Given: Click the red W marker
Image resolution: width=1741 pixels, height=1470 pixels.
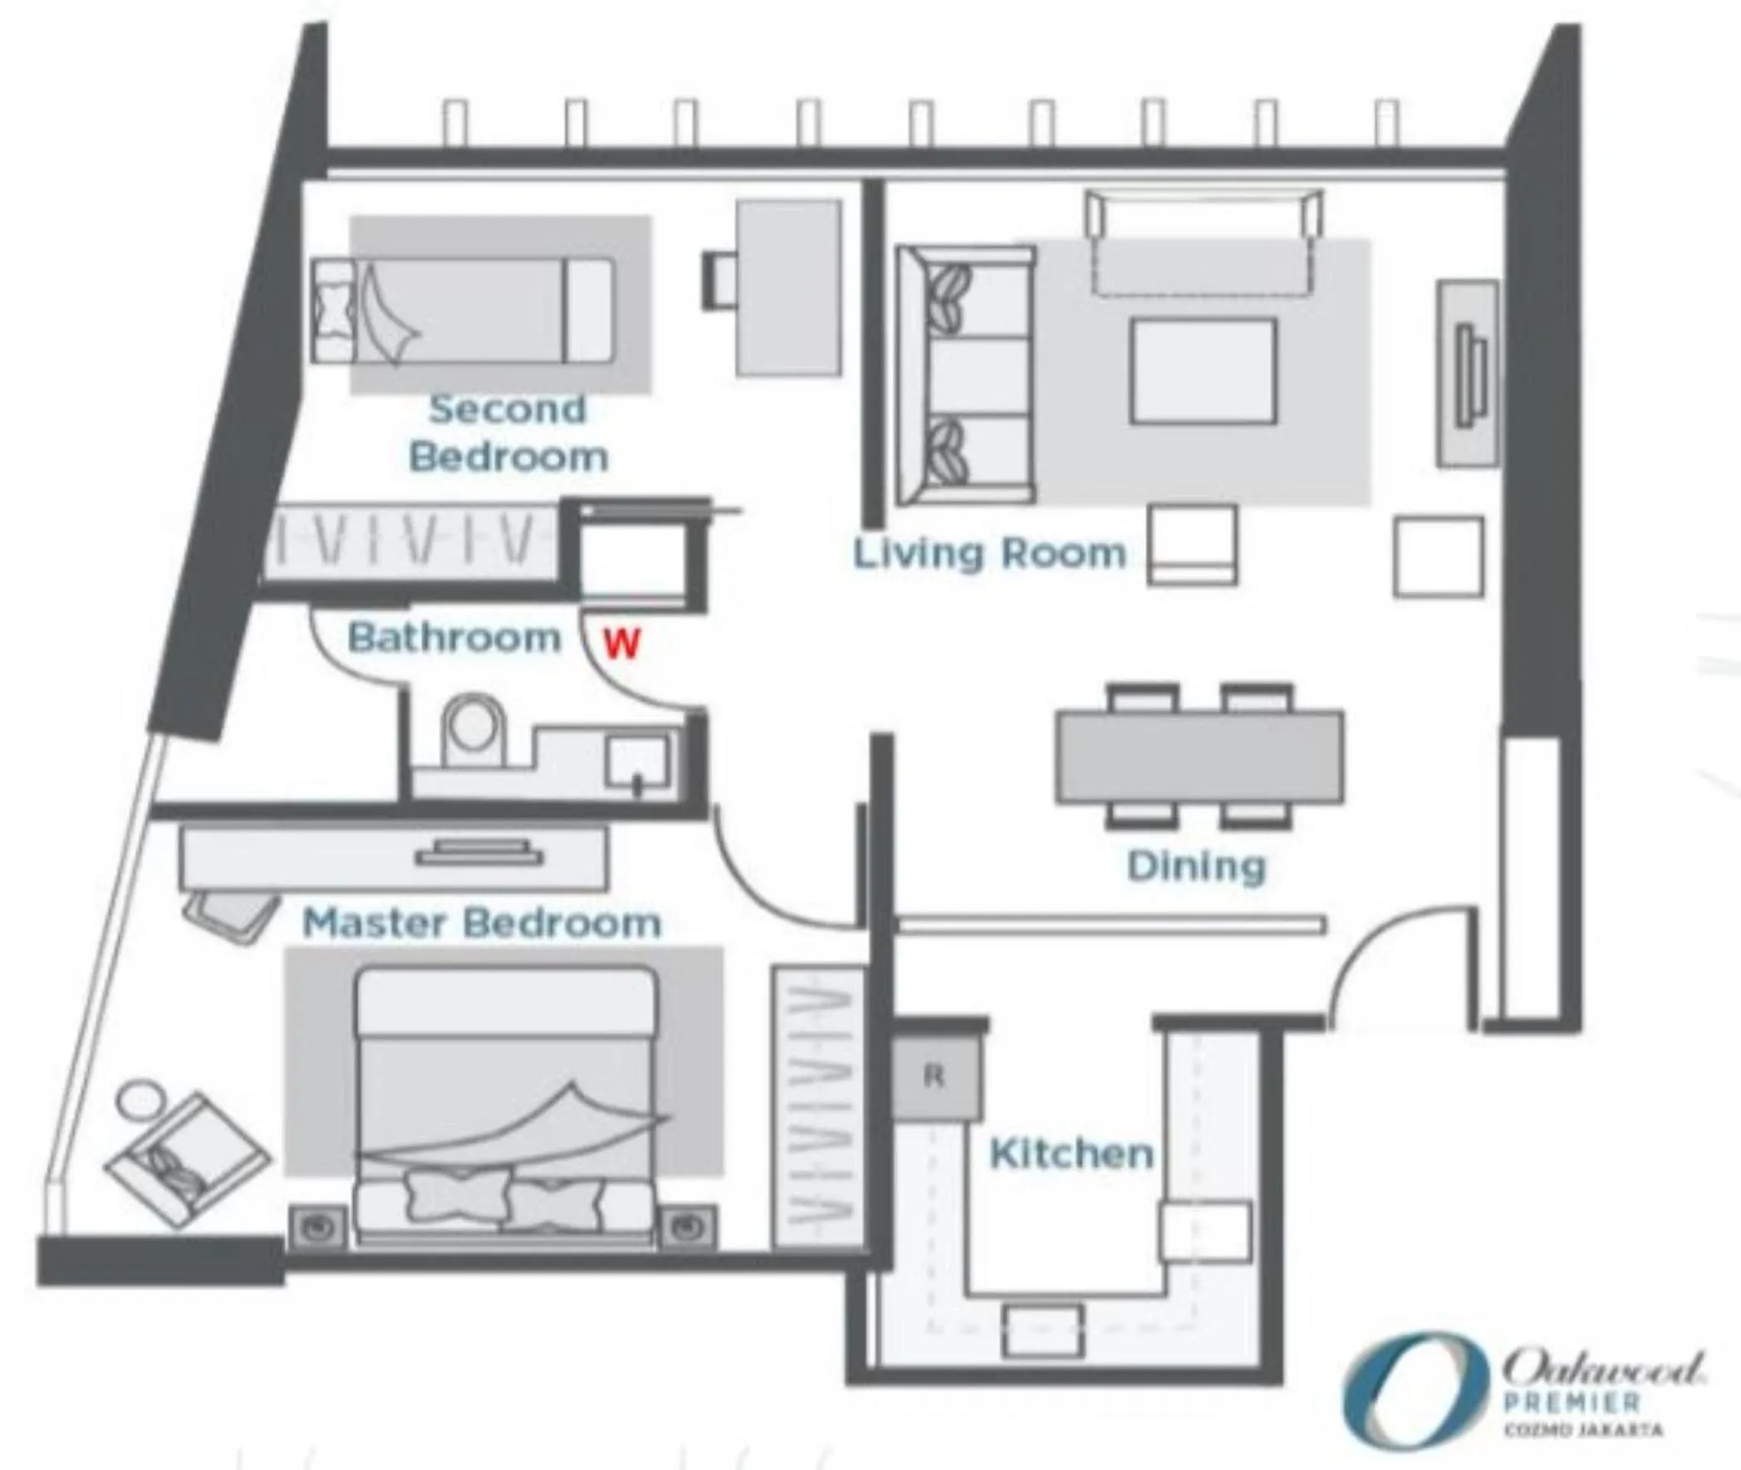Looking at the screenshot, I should click(x=621, y=644).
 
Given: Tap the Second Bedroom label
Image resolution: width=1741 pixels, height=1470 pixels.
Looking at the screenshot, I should click(x=508, y=434).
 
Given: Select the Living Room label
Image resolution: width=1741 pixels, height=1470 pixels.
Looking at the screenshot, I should click(x=989, y=554).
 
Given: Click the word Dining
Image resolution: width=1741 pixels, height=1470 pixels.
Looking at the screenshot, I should click(x=1196, y=867).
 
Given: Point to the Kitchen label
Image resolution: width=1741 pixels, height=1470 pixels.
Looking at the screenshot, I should click(x=1071, y=1154).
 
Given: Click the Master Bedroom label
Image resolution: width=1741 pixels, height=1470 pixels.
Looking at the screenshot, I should click(x=482, y=924).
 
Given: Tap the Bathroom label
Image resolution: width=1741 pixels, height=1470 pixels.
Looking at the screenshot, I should click(x=454, y=639).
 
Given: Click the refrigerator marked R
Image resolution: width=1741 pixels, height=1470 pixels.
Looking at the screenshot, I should click(x=934, y=1076).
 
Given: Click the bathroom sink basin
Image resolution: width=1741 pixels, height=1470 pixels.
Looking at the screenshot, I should click(x=637, y=760).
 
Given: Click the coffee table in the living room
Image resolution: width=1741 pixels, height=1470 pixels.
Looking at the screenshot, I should click(x=1203, y=372).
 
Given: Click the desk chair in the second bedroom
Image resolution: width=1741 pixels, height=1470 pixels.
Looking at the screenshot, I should click(x=718, y=282).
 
